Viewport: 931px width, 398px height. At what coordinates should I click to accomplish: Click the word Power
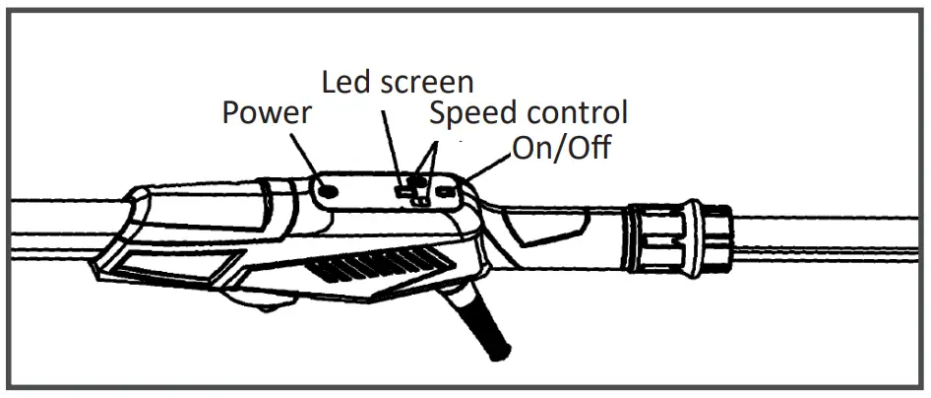click(266, 113)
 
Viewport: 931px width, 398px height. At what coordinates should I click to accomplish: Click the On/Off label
click(562, 149)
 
